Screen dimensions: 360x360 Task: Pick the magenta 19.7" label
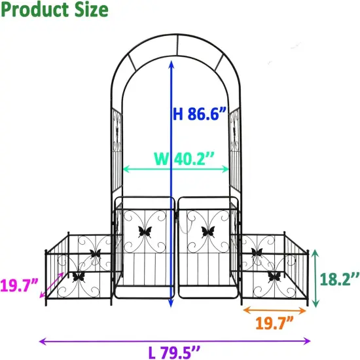[x=19, y=285]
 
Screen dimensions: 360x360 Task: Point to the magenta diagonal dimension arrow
[x=56, y=284]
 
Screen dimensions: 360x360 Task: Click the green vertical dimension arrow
[x=316, y=278]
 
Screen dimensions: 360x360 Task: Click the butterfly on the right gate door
[x=209, y=230]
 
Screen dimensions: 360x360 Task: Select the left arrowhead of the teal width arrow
[x=125, y=169]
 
